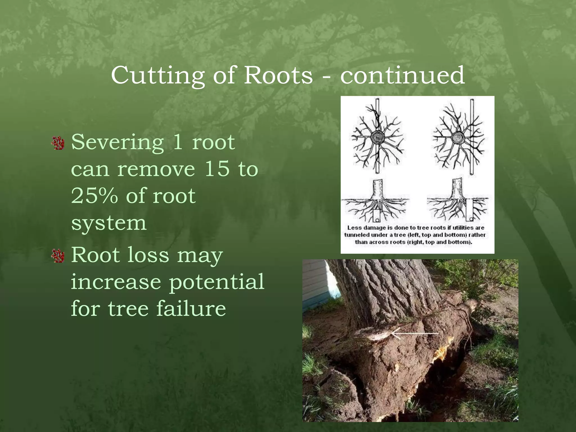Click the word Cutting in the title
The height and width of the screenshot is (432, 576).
pyautogui.click(x=157, y=75)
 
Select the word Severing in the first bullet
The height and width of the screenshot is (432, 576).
pyautogui.click(x=118, y=142)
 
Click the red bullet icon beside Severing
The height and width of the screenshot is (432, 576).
pyautogui.click(x=58, y=143)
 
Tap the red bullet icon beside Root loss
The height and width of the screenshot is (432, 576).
pyautogui.click(x=58, y=256)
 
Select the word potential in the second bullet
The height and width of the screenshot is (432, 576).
pyautogui.click(x=217, y=282)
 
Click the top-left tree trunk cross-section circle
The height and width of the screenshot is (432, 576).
pyautogui.click(x=377, y=138)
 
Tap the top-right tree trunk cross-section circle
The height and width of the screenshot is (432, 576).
pyautogui.click(x=458, y=138)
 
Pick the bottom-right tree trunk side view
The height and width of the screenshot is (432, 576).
pyautogui.click(x=458, y=189)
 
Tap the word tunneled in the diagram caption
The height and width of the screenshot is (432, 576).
pyautogui.click(x=355, y=235)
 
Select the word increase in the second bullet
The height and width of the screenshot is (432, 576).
pyautogui.click(x=116, y=282)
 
